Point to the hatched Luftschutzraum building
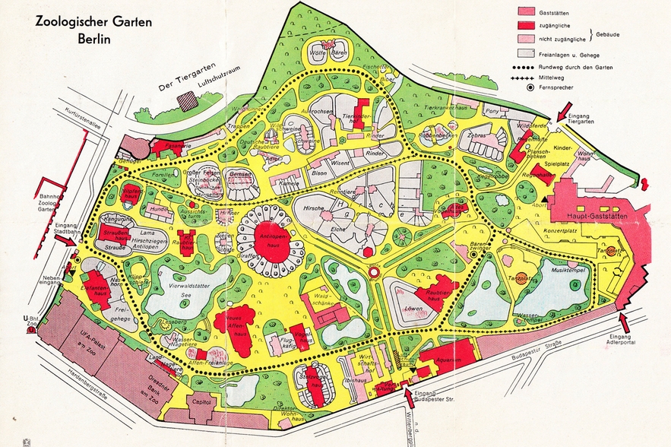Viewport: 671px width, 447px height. point(186,100)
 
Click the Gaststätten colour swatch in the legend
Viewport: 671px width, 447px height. point(527,11)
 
